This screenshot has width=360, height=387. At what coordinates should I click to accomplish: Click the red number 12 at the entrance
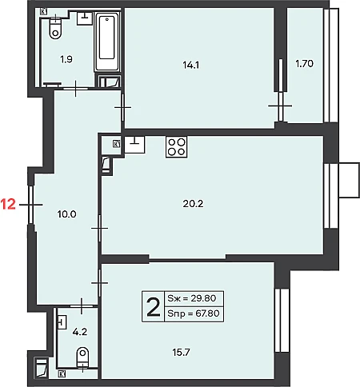click(8, 205)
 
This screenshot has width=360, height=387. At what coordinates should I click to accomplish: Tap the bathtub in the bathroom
click(107, 42)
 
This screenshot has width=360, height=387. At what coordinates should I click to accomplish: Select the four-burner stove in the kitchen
click(176, 147)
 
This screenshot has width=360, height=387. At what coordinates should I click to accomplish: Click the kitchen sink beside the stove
click(134, 145)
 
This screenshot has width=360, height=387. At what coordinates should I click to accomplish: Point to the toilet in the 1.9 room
click(55, 29)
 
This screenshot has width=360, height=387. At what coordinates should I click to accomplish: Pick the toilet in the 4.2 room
click(82, 357)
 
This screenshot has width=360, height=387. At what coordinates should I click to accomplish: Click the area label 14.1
click(191, 65)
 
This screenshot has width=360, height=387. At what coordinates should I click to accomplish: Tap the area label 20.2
click(193, 204)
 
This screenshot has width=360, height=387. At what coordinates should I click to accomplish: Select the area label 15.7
click(181, 353)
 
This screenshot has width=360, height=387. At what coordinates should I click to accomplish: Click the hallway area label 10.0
click(67, 214)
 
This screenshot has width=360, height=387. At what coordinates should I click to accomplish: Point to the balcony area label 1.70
click(304, 64)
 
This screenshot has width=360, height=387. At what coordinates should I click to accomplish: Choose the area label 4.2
click(80, 332)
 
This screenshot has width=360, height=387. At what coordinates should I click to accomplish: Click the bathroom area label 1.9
click(66, 59)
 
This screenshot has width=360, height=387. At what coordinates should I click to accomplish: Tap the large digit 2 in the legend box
click(154, 307)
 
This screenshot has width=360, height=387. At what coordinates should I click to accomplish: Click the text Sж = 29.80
click(192, 298)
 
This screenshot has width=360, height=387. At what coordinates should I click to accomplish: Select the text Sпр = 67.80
click(194, 313)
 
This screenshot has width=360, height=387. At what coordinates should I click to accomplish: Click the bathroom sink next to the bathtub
click(85, 18)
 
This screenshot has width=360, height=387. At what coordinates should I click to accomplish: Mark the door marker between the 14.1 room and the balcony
click(280, 106)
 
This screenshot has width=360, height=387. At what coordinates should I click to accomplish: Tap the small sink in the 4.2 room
click(62, 322)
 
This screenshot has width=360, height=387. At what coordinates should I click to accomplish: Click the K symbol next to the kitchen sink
click(116, 144)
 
